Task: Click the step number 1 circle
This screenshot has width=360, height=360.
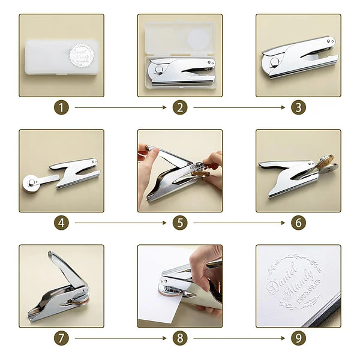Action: pos(62,108)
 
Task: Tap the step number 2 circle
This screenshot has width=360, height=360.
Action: pos(180,108)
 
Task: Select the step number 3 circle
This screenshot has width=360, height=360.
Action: pos(298,108)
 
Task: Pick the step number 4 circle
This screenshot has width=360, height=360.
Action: pos(62,223)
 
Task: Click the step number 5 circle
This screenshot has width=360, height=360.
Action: pos(180,223)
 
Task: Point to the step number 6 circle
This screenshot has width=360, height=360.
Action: pos(298,223)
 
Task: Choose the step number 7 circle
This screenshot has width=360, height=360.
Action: pos(62,338)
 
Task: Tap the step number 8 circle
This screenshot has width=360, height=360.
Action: pos(180,338)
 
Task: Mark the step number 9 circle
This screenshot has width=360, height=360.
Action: pos(298,338)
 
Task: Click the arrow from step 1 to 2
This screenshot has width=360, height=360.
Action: pos(120,108)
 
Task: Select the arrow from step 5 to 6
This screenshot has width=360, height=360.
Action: pos(238,223)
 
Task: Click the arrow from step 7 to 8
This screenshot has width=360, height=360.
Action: pos(120,338)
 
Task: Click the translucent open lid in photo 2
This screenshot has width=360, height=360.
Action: pos(180,36)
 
